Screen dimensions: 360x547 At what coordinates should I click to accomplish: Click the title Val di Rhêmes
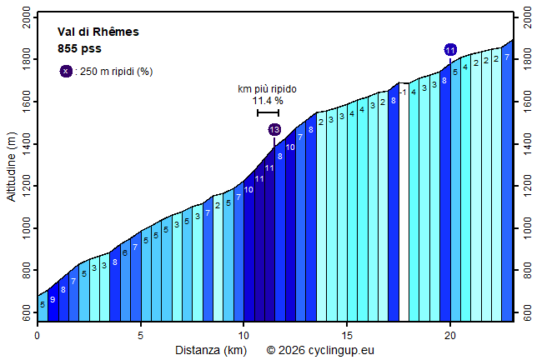(98, 32)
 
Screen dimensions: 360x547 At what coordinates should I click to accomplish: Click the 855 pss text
(79, 48)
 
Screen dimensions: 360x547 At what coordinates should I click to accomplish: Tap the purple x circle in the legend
(66, 71)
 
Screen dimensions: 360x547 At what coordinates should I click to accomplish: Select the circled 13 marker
(274, 129)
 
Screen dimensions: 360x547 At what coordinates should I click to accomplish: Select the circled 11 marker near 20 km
(450, 50)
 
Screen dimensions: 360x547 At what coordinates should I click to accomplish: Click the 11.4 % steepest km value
(268, 101)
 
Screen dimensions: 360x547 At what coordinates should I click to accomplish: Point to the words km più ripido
(268, 89)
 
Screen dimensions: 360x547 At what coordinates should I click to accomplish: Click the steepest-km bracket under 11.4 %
(268, 112)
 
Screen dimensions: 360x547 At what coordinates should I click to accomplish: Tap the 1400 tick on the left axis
(26, 144)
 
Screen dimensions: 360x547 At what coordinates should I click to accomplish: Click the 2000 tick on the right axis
(529, 17)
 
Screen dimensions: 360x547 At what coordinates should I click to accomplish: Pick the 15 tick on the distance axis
(347, 335)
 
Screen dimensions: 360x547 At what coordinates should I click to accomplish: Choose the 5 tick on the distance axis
(141, 335)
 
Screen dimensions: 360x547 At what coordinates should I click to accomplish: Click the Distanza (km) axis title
(210, 350)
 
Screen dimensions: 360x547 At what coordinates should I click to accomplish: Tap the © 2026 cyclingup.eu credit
(319, 350)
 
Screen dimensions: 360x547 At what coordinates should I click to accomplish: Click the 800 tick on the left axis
(26, 271)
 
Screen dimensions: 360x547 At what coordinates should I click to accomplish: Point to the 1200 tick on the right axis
(529, 187)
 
